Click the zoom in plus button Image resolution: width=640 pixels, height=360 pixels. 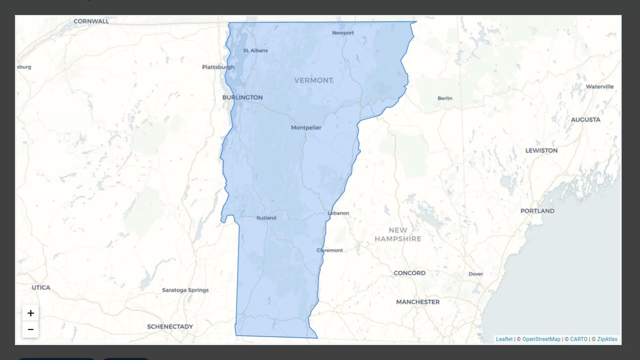pos(30,313)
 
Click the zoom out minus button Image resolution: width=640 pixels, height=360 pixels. pos(30,329)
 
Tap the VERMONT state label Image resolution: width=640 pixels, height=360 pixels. pos(313,80)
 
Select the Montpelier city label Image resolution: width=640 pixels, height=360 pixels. pos(306,127)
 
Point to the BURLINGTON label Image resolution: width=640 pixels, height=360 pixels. pos(242,97)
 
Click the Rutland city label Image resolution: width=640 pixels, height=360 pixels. pos(266,218)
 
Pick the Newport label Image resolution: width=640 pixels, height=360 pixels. pos(343,33)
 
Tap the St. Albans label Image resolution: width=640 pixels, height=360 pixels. pos(255,50)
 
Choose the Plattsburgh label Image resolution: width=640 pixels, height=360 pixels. pos(218,67)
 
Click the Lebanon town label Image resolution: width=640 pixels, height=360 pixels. pos(338,213)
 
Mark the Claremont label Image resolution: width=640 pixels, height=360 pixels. pos(330,250)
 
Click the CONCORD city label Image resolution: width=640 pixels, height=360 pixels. pos(409,273)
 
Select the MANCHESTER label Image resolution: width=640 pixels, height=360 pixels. pos(418,302)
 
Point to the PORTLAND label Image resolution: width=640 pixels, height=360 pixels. pos(537,211)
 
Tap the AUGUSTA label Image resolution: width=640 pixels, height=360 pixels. pos(585,120)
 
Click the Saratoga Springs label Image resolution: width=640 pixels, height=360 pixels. pos(185,290)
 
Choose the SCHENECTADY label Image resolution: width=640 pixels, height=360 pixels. pos(170,326)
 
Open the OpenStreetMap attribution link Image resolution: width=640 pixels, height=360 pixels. pos(541,339)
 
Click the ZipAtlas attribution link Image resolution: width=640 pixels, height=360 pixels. pos(607,339)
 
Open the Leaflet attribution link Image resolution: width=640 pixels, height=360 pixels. pos(504,339)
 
